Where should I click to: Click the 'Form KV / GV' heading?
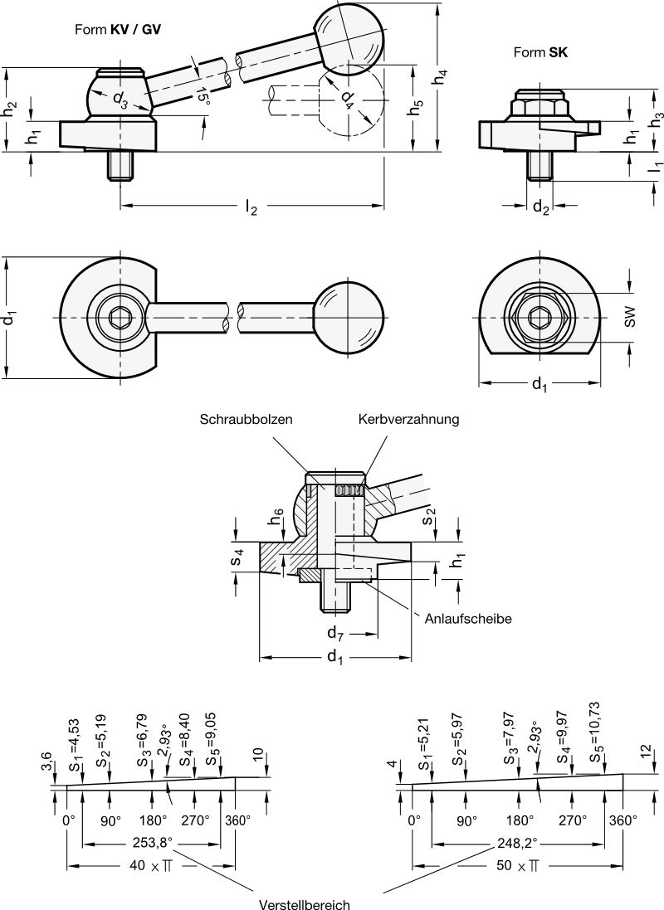tap(117, 30)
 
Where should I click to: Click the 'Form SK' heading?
tap(540, 53)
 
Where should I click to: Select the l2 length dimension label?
tap(251, 207)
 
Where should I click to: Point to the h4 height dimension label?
tap(441, 76)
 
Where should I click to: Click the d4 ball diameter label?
tap(346, 100)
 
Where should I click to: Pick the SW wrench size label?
tap(631, 316)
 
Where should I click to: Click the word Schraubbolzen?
tap(246, 419)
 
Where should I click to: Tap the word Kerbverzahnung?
tap(408, 419)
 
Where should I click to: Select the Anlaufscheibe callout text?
tap(468, 619)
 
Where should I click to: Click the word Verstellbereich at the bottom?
tap(305, 904)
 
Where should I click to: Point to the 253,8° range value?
tap(152, 842)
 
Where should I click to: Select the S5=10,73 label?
tap(594, 732)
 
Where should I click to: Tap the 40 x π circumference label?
tap(151, 865)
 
